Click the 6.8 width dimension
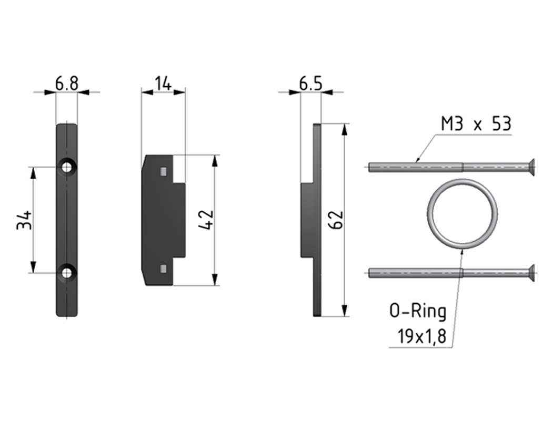pyautogui.click(x=67, y=84)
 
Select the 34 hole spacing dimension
pyautogui.click(x=25, y=220)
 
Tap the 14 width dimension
pyautogui.click(x=163, y=84)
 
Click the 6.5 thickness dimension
pyautogui.click(x=311, y=84)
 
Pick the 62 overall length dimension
pyautogui.click(x=335, y=220)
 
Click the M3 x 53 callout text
pyautogui.click(x=476, y=125)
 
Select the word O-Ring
pyautogui.click(x=418, y=312)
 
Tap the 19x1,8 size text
pyautogui.click(x=422, y=336)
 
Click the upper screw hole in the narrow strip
pyautogui.click(x=67, y=167)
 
